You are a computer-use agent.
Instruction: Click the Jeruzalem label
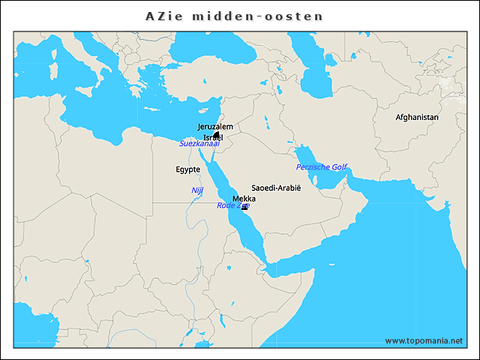[215, 127]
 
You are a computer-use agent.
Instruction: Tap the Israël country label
[213, 137]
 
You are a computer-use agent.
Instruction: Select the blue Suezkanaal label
[204, 143]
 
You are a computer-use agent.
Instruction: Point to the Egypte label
[187, 169]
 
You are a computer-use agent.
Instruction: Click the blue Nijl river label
[197, 190]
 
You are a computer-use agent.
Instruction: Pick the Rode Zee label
[232, 205]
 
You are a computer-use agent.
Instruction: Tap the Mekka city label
[244, 199]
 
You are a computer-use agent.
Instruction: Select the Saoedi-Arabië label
[275, 187]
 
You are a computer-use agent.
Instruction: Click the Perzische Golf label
[321, 166]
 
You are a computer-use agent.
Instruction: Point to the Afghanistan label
[417, 117]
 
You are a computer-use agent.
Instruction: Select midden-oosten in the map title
[261, 16]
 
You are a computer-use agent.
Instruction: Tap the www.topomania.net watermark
[424, 340]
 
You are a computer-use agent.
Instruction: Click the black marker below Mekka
[244, 206]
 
